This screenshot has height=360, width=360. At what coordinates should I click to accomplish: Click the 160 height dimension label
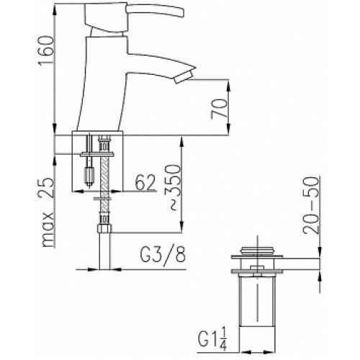pos(45,50)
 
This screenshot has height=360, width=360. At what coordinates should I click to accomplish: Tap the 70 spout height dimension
pos(219,109)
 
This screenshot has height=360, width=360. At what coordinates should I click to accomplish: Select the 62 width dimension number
pos(145,182)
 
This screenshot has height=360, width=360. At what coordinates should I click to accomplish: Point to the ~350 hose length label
pos(173,186)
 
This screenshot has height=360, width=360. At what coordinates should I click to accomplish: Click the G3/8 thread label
pos(162,257)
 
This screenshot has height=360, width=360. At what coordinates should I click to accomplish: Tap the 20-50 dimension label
pos(311,204)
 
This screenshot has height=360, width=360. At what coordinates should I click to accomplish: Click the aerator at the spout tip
pos(184,76)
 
